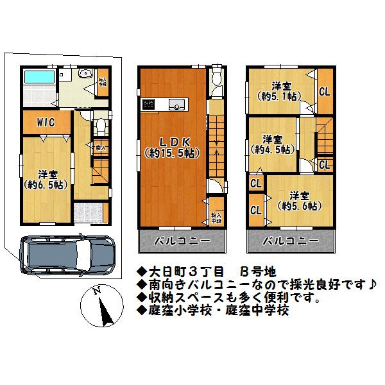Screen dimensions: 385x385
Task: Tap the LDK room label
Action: click(169, 148)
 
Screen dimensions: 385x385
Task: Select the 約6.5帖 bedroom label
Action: click(45, 179)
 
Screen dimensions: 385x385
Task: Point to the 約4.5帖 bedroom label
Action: click(273, 144)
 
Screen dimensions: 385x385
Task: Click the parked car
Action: click(67, 251)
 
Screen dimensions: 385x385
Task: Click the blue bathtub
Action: click(39, 79)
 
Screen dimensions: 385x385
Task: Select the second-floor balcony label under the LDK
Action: click(181, 242)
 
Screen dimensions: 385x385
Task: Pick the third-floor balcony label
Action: click(291, 242)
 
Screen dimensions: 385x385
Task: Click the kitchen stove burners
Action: click(148, 103)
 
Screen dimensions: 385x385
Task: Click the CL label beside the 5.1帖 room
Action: click(325, 91)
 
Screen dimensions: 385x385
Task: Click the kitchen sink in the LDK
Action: click(175, 104)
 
